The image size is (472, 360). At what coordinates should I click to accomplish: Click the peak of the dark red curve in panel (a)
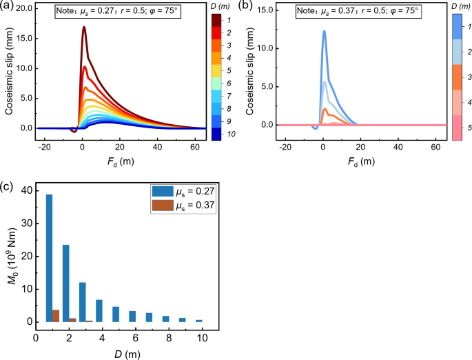83,28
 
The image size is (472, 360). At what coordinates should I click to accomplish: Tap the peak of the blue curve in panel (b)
324,31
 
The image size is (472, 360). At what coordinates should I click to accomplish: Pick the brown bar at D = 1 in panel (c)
56,316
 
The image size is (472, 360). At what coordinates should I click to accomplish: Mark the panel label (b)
248,7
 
